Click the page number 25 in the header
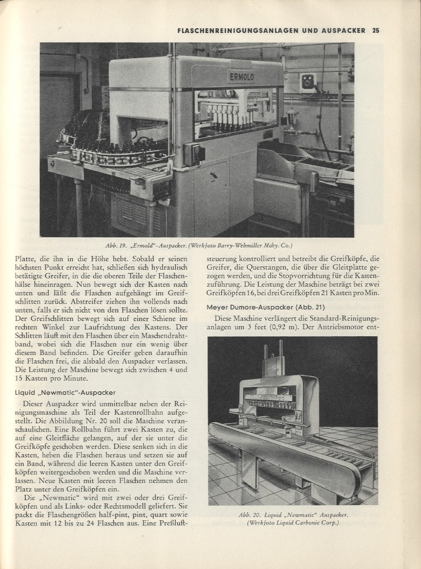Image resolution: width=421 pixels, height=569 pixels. [375, 30]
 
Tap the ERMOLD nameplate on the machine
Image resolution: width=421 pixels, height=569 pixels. [241, 77]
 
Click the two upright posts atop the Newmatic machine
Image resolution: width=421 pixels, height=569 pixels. [273, 357]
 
